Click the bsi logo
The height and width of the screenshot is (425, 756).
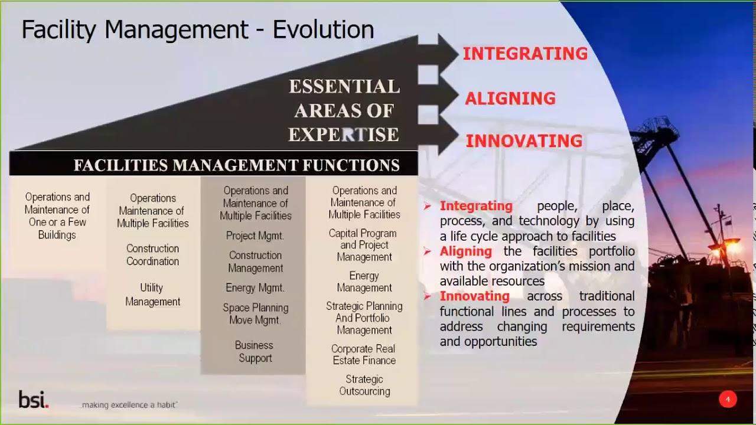pos(33,400)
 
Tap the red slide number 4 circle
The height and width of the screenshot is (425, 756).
pos(728,400)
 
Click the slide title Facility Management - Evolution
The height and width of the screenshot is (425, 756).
pos(197,30)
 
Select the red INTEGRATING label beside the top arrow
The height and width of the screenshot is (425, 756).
pos(524,54)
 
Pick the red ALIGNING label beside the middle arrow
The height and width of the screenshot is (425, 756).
pos(510,99)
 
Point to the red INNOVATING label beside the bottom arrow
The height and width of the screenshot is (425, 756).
pos(524,141)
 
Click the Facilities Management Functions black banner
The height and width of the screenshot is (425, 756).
pos(236,165)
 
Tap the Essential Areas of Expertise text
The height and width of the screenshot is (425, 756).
pos(344,111)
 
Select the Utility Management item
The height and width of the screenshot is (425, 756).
pos(152,295)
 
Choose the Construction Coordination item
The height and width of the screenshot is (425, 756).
pos(152,255)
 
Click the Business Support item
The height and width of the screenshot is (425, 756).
pos(255,352)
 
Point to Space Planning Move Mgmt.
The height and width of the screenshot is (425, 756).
pos(255,314)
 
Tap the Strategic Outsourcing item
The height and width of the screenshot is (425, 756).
pos(364,385)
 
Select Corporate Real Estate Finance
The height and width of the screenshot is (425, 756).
pos(364,355)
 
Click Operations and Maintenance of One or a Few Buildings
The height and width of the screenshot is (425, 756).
pos(57,216)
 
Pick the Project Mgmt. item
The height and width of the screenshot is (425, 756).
pos(255,236)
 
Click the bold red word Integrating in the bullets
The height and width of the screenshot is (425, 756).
pos(476,206)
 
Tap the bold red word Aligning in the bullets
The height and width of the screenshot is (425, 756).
pos(466,251)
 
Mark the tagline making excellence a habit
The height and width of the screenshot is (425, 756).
pos(129,405)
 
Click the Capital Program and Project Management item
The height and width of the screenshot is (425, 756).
pos(363,245)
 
